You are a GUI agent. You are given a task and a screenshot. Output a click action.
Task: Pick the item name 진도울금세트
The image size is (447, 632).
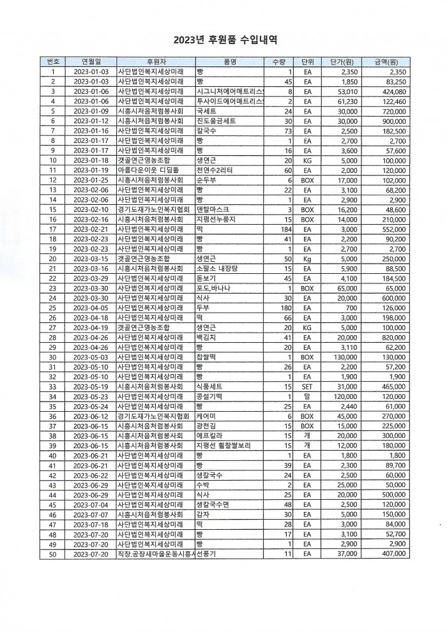coord(216,121)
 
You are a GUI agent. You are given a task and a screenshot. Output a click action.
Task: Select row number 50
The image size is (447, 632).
coord(52,554)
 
